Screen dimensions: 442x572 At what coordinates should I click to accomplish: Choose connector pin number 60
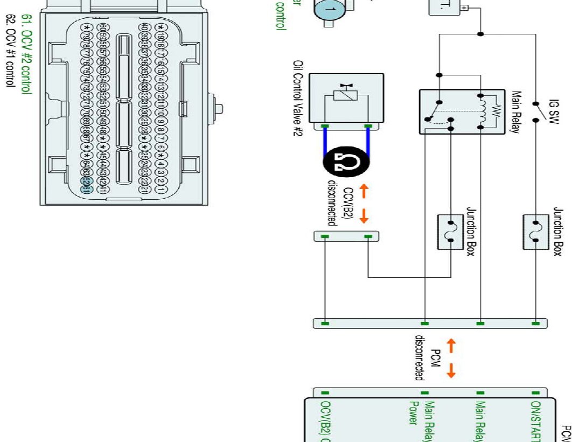pyautogui.click(x=86, y=27)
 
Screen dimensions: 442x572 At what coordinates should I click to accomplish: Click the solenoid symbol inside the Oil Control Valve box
pyautogui.click(x=346, y=96)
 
